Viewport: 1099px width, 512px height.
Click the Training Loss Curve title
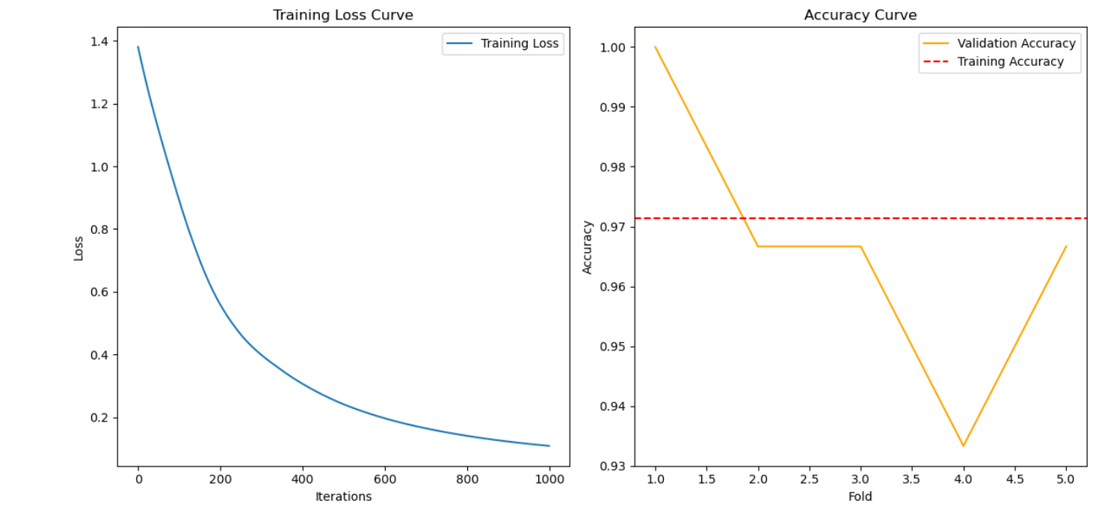pos(343,15)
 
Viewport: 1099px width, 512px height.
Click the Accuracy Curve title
pos(860,15)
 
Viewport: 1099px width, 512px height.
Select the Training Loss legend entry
pos(502,43)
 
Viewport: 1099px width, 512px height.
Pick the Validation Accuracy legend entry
pos(999,43)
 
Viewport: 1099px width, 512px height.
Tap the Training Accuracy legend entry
pos(993,62)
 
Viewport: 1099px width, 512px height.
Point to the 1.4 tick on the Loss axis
pos(99,42)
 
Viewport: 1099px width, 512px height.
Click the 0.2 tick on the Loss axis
pos(99,418)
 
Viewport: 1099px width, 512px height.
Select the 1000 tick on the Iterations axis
pos(549,479)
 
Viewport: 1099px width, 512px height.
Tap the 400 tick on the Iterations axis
pos(302,479)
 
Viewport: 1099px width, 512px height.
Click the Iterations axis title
pos(343,497)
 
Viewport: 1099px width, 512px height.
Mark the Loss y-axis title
pos(78,248)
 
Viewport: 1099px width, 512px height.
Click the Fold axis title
pos(860,497)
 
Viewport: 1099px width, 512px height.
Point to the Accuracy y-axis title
pos(587,247)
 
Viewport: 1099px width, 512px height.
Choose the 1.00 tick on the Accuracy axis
pos(613,48)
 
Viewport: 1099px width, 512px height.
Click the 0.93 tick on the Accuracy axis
pos(613,466)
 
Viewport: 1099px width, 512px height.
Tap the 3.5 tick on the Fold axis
pos(911,479)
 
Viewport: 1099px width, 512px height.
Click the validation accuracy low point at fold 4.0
pos(963,445)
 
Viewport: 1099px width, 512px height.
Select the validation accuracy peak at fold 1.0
pos(655,47)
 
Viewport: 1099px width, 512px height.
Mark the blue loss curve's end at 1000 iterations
pos(549,445)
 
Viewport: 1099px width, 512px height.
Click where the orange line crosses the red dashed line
pos(743,218)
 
